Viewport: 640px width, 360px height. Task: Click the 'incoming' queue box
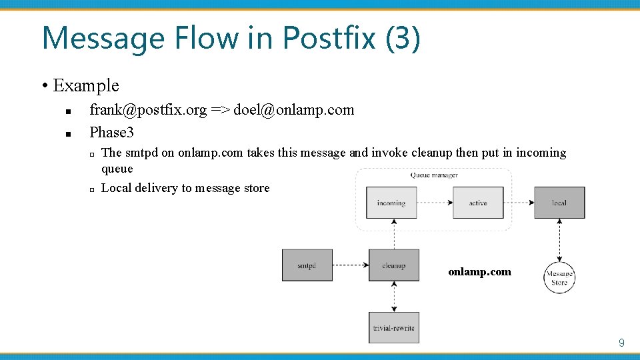391,203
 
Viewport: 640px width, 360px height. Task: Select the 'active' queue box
478,203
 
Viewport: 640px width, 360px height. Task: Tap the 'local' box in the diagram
559,203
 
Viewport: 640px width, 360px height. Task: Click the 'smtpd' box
307,265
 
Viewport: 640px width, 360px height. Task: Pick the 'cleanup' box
394,265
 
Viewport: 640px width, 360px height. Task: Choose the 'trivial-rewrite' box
394,327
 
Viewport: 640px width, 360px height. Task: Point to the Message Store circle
559,278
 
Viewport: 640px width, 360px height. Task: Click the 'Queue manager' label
434,175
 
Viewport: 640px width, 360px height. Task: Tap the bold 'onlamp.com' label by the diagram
479,271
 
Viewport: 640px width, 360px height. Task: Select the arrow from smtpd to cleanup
350,265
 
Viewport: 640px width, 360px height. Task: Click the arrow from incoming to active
435,203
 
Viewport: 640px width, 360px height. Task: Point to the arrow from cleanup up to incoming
394,233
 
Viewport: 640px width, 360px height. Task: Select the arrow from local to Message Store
559,240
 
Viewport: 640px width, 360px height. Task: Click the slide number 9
621,343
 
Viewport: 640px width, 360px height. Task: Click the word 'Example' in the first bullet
85,85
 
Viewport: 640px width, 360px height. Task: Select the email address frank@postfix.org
148,110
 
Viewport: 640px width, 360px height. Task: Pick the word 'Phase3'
112,132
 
